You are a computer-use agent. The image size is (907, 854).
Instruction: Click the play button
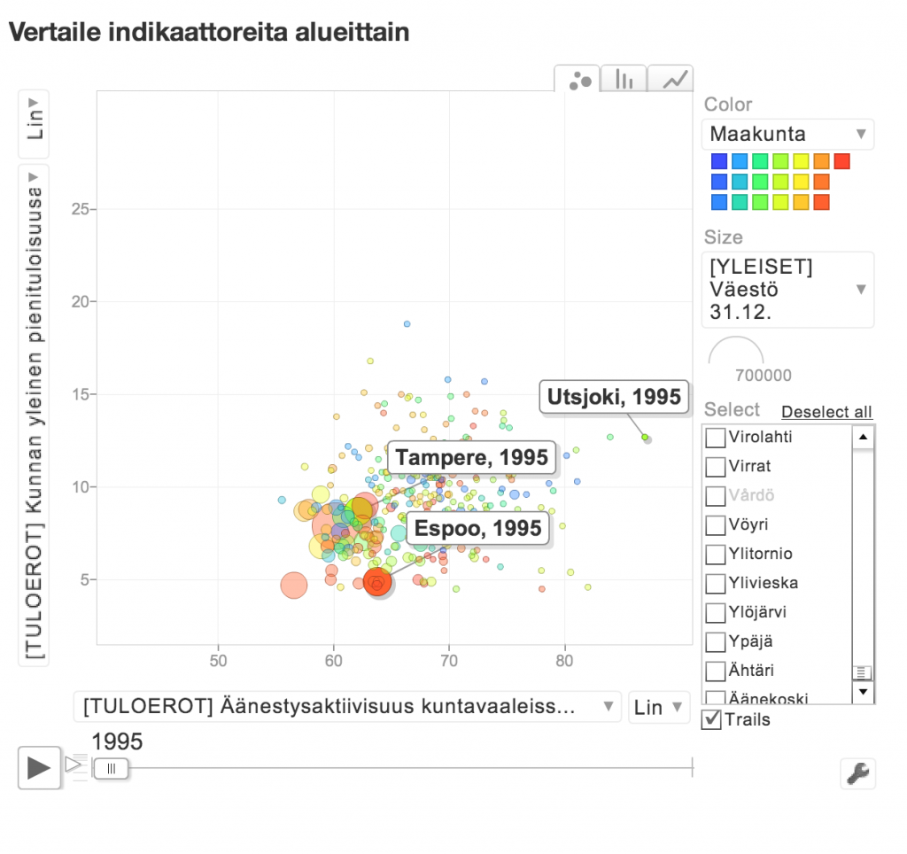[39, 767]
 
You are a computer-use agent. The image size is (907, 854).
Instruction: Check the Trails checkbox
[710, 719]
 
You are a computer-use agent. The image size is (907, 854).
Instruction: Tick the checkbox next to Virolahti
[715, 438]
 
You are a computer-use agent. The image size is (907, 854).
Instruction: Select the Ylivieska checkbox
[715, 584]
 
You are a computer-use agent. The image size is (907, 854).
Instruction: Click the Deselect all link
[826, 412]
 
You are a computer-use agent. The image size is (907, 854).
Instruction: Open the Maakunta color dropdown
[787, 135]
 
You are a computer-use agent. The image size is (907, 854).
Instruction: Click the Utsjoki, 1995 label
[614, 397]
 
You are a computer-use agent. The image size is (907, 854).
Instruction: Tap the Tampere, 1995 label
[471, 458]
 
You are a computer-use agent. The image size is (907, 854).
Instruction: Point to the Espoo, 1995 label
[477, 529]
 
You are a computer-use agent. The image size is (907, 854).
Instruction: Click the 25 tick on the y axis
[82, 209]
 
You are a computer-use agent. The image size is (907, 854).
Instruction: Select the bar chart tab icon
[624, 80]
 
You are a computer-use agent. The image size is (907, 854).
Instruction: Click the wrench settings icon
[857, 772]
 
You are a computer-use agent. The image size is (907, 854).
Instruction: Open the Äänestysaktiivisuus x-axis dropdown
[346, 707]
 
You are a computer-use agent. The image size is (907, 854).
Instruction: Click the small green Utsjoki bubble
[645, 437]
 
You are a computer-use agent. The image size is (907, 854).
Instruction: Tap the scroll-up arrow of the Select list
[863, 437]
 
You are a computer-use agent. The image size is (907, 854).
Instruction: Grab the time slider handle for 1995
[112, 768]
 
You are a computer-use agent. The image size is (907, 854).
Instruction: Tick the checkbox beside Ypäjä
[715, 642]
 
